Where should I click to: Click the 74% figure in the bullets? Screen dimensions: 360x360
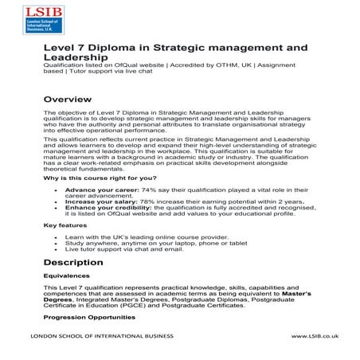tap(148, 190)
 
